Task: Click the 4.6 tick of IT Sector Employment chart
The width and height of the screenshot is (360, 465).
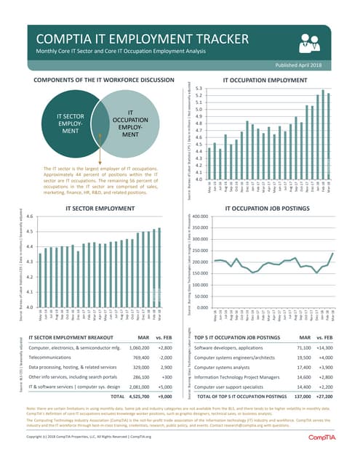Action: point(29,217)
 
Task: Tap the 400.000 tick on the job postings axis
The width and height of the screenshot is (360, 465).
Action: point(199,217)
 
